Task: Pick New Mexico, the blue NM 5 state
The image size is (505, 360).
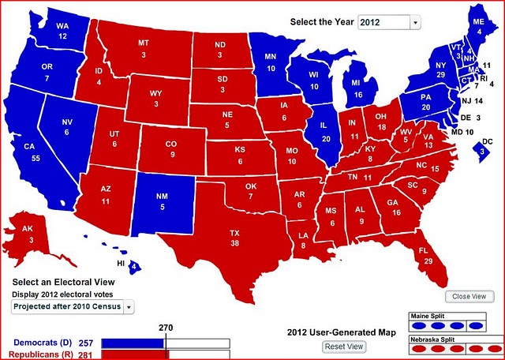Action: tap(162, 204)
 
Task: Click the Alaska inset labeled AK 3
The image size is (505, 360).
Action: tap(28, 231)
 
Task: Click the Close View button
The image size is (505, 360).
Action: tap(469, 296)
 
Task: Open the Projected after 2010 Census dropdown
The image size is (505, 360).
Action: tap(73, 306)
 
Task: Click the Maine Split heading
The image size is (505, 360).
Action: tap(427, 316)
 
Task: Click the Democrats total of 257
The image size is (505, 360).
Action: tap(87, 343)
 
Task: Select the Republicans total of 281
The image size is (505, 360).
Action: tap(87, 355)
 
